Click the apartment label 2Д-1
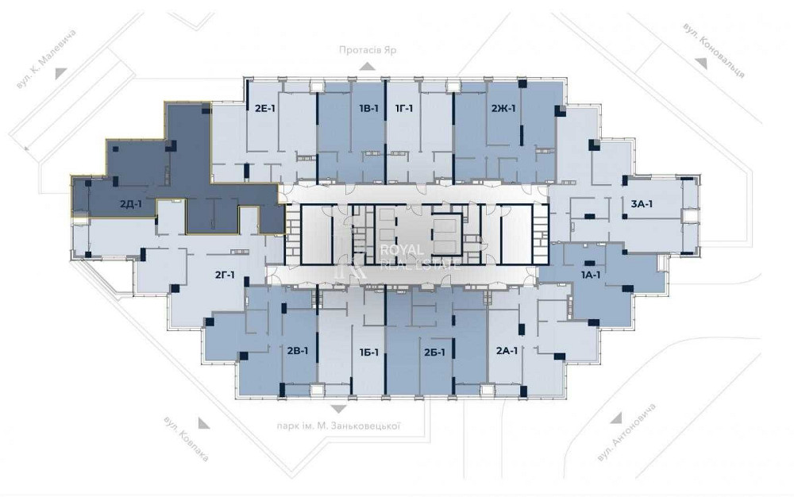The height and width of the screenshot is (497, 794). click(x=131, y=205)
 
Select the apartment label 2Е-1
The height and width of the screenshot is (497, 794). click(x=265, y=108)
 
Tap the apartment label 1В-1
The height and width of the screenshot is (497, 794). click(x=368, y=108)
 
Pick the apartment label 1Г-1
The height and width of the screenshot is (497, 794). click(x=404, y=108)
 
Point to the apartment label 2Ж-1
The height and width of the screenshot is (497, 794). click(x=503, y=108)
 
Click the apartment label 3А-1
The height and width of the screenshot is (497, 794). click(x=642, y=204)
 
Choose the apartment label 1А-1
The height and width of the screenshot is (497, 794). click(x=591, y=275)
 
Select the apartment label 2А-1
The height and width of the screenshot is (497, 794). click(x=507, y=350)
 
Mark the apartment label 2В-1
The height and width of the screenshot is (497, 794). click(x=298, y=350)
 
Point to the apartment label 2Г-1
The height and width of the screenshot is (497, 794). click(x=225, y=275)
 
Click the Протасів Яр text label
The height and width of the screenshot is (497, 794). click(x=368, y=50)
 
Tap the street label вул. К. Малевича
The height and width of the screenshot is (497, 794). click(x=46, y=60)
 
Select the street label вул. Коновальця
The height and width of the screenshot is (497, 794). click(x=714, y=50)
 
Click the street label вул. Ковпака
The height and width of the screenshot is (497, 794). click(x=186, y=439)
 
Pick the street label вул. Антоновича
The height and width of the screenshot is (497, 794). click(x=626, y=432)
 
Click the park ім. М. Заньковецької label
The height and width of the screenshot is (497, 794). click(x=339, y=426)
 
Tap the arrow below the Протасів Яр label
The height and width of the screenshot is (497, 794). click(x=368, y=66)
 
